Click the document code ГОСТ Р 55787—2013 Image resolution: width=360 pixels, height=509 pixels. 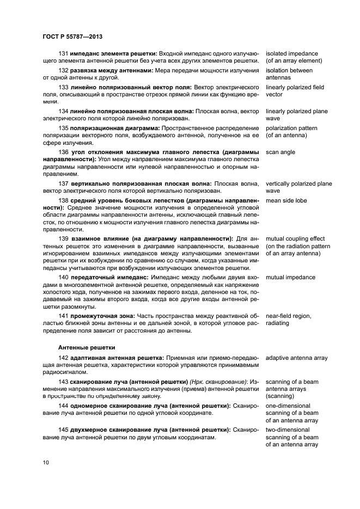pos(72,36)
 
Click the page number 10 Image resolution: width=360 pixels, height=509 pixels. pos(46,463)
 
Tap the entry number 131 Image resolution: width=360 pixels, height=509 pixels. pos(63,54)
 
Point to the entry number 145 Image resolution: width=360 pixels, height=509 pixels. pos(63,430)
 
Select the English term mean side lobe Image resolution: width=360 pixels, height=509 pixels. pos(286,201)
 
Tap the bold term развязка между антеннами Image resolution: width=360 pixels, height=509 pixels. pos(112,70)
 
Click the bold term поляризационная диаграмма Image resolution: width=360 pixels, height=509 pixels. pos(114,128)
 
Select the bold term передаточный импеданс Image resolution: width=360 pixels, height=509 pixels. pos(109,278)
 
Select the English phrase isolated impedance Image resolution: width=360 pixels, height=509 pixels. pos(291,54)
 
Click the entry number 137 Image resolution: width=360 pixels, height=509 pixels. pos(63,183)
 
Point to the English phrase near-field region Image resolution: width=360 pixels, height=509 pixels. pos(289,315)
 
